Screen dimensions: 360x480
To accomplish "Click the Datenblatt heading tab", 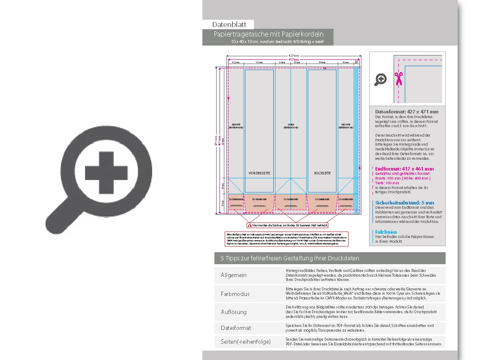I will (x=228, y=24).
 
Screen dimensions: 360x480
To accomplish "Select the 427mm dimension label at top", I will (x=294, y=56).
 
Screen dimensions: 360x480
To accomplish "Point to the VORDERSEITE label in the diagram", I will (x=259, y=173).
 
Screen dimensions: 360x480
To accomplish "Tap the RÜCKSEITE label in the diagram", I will (x=322, y=173).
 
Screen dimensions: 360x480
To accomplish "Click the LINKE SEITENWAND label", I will (x=290, y=127).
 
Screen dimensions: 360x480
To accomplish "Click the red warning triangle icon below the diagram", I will (x=250, y=225).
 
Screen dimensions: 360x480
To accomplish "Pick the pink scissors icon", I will (x=398, y=79).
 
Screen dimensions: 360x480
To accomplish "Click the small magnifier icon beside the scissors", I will (x=381, y=79).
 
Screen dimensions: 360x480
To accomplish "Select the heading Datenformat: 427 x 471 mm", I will (x=407, y=112).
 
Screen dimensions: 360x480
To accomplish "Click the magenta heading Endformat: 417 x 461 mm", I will (x=404, y=169).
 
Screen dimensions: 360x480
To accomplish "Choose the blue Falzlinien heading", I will (x=385, y=232).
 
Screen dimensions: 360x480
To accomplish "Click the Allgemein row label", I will (x=234, y=275).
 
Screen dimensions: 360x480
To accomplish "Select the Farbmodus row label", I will (x=235, y=294).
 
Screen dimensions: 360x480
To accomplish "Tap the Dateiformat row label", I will (x=236, y=328).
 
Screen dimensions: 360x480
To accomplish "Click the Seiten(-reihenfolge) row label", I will (x=246, y=342).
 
